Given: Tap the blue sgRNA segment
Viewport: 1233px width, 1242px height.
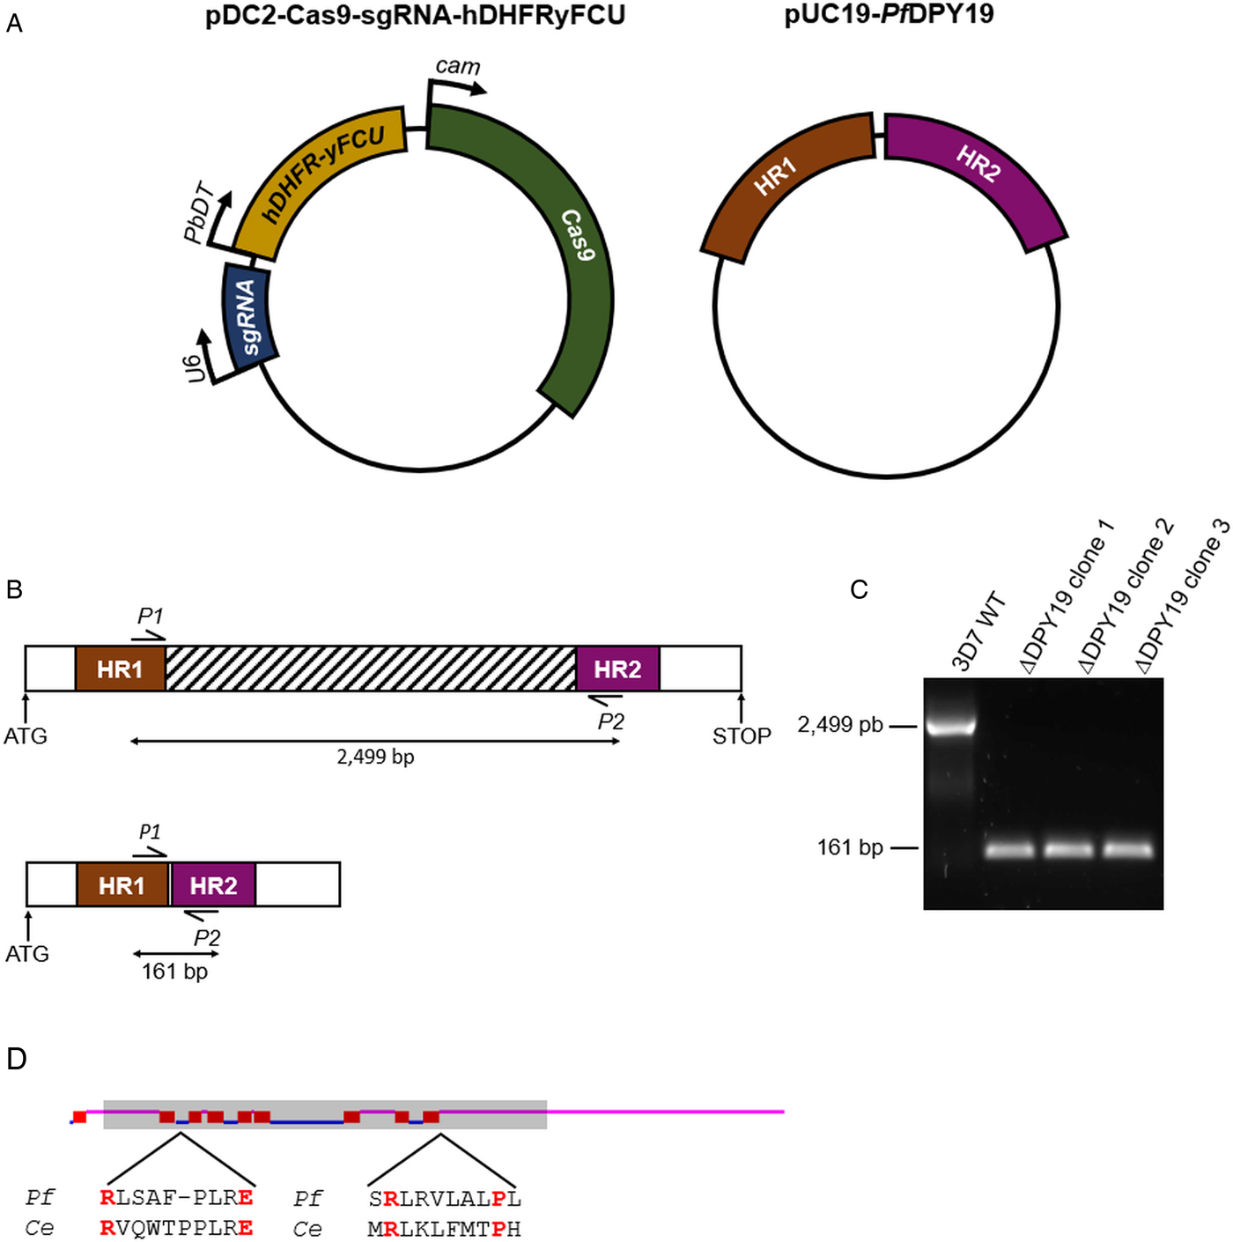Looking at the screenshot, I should [x=249, y=315].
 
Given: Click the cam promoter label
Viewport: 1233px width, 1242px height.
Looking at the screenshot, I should [x=458, y=67].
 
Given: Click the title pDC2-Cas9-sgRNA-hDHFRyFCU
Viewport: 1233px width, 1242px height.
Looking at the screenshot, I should [x=415, y=16].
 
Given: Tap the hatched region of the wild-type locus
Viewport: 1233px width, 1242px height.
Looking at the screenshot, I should [x=370, y=669].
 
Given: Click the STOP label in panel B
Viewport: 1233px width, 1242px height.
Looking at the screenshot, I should [x=742, y=736].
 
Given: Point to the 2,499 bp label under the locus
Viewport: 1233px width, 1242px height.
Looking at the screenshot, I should [x=375, y=757].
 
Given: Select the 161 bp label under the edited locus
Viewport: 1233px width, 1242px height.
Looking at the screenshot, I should [x=174, y=972].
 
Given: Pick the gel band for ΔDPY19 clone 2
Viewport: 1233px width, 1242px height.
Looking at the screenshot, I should [x=1068, y=849].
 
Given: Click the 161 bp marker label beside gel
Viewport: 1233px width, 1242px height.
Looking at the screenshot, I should [x=850, y=847].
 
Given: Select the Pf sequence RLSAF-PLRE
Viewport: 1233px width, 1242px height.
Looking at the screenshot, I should [x=177, y=1198].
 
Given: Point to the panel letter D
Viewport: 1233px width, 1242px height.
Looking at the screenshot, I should [x=16, y=1059].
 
